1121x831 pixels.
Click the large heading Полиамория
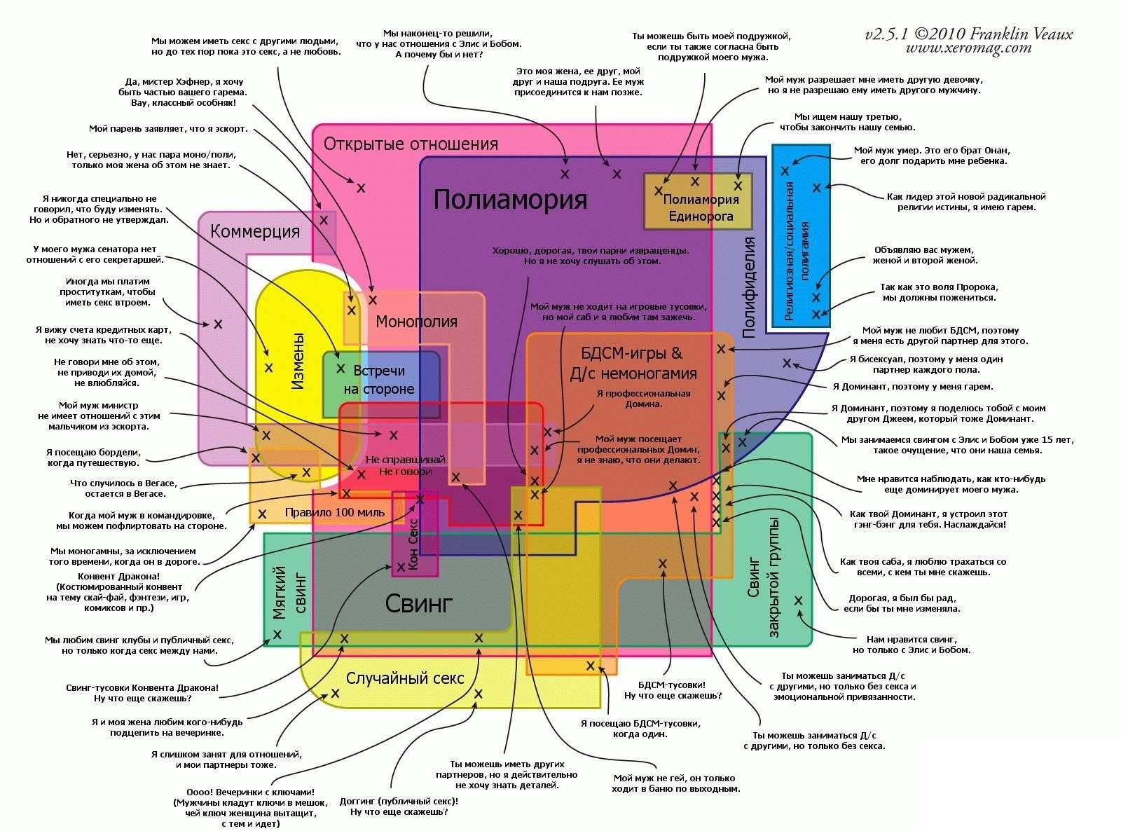pos(510,200)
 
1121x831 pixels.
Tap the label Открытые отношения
pos(411,144)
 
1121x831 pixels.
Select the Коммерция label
pos(255,231)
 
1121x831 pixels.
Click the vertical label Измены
pos(298,361)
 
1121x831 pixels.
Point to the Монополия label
pos(416,322)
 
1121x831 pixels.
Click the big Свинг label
pos(419,603)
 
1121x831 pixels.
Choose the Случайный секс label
pos(405,678)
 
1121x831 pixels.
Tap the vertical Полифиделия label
pos(748,287)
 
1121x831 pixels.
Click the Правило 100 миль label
pos(335,512)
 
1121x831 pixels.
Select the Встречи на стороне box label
pos(379,380)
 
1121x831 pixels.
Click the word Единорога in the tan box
pos(701,217)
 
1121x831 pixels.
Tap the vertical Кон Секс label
pos(413,544)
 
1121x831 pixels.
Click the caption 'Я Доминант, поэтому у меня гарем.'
pos(913,387)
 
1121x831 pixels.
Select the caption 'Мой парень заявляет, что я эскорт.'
pos(168,129)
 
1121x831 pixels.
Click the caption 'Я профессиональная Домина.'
pos(643,399)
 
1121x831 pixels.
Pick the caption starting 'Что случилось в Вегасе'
pos(124,488)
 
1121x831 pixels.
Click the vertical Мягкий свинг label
pos(289,592)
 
